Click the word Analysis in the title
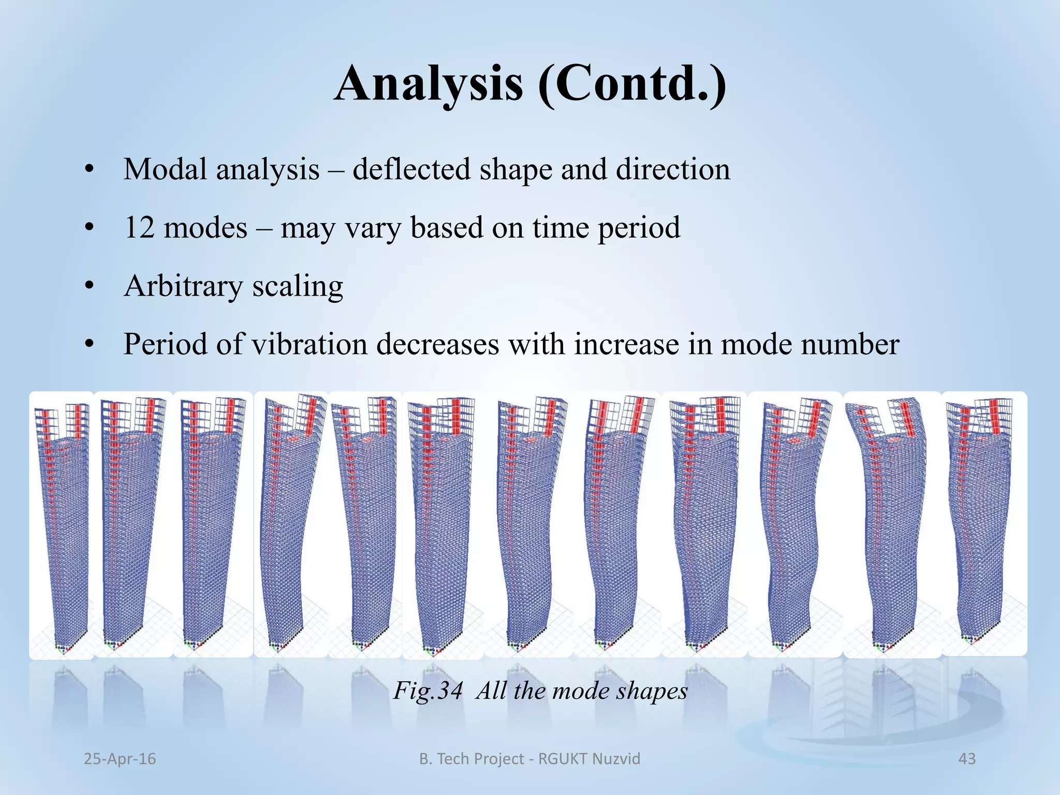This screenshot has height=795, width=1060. pyautogui.click(x=429, y=84)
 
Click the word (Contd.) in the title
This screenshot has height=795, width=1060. pyautogui.click(x=632, y=84)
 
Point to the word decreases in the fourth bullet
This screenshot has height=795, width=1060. pyautogui.click(x=437, y=344)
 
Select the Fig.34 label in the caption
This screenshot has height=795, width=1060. pyautogui.click(x=428, y=691)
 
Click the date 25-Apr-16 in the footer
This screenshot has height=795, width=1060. pyautogui.click(x=120, y=759)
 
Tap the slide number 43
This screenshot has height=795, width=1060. pyautogui.click(x=967, y=759)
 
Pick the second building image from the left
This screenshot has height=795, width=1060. pyautogui.click(x=133, y=523)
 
